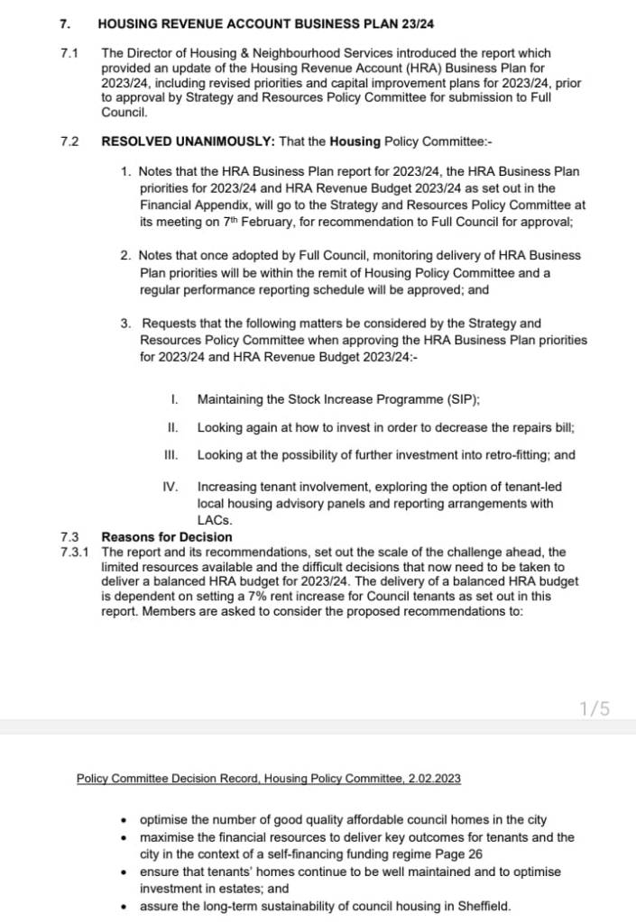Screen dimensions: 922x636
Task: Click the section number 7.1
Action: click(68, 54)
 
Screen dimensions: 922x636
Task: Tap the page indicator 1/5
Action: click(595, 708)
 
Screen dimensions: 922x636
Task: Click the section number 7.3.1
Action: click(74, 552)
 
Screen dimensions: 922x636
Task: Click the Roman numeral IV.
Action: click(170, 487)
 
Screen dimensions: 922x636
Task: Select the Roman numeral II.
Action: click(172, 427)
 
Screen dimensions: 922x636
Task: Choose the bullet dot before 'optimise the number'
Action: click(124, 820)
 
